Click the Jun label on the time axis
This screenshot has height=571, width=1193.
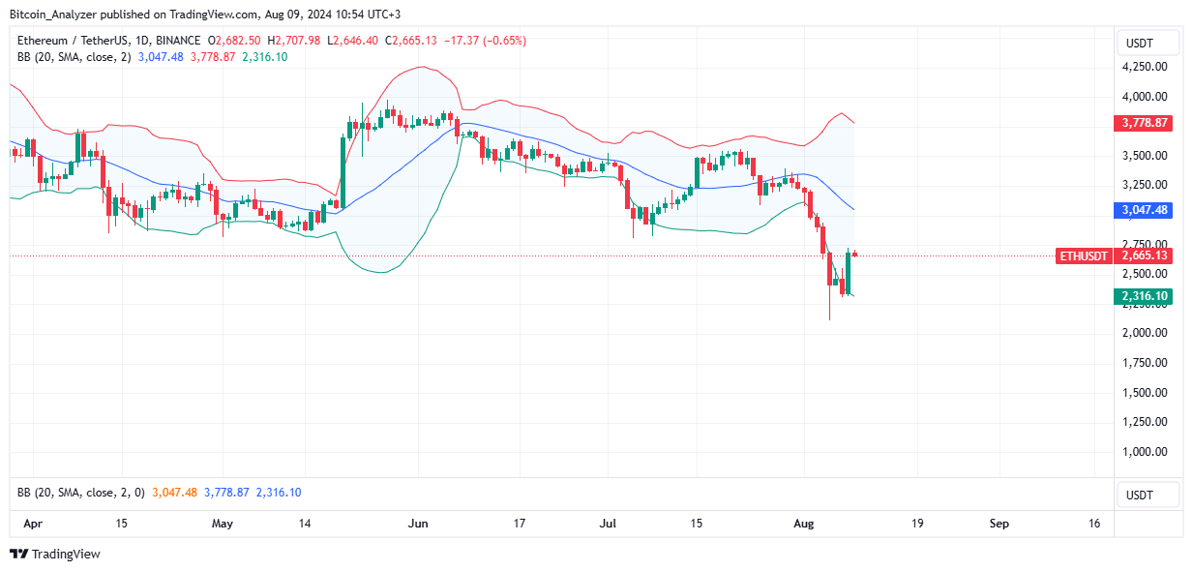point(418,524)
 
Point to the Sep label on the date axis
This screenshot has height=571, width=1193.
point(999,524)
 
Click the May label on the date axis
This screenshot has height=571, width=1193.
point(223,524)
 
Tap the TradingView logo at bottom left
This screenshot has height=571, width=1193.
point(55,554)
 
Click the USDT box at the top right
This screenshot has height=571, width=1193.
point(1148,43)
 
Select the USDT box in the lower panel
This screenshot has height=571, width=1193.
point(1148,495)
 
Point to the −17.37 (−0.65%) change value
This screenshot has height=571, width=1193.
point(494,41)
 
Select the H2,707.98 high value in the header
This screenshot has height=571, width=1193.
point(294,41)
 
